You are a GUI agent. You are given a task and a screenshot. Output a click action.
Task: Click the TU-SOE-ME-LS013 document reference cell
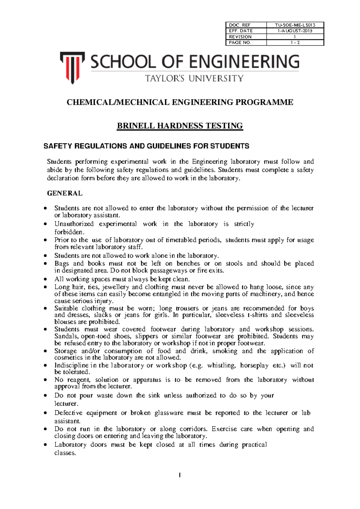click(x=295, y=25)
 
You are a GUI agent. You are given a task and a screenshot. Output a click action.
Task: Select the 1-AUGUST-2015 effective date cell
click(x=295, y=31)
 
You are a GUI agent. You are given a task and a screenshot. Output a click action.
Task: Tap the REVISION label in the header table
click(x=240, y=37)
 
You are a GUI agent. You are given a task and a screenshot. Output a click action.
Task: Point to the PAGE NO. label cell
click(x=240, y=43)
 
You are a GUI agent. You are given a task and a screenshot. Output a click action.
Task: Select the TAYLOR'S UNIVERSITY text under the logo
click(x=194, y=79)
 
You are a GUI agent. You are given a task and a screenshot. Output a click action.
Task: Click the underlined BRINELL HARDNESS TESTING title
click(x=180, y=126)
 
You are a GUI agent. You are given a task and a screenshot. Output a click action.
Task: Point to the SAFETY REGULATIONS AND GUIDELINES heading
click(x=146, y=146)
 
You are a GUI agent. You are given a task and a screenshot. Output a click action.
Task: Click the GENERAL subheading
click(x=64, y=193)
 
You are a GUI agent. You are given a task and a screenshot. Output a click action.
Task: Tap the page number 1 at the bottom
click(x=179, y=475)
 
